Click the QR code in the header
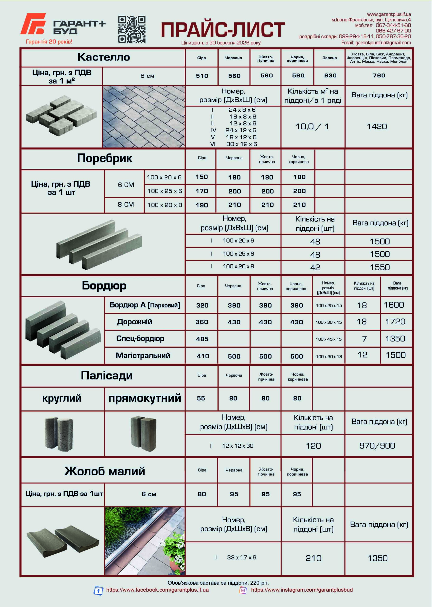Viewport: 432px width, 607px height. [132, 29]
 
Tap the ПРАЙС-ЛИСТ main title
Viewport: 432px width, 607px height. [223, 29]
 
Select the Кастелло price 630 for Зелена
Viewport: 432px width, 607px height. [330, 75]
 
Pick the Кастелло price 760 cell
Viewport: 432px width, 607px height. [379, 75]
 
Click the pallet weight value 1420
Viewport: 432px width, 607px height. [377, 126]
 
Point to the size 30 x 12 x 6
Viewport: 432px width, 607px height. [242, 144]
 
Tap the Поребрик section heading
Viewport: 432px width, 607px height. [104, 158]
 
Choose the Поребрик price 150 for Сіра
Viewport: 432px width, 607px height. [202, 177]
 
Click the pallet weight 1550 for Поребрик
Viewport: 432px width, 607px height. [380, 267]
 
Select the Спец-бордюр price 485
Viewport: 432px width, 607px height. [202, 339]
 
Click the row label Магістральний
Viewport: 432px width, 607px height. [143, 355]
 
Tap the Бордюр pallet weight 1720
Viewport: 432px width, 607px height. [395, 322]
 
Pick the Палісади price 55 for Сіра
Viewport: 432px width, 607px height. [201, 398]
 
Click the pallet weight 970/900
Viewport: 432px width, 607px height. [377, 446]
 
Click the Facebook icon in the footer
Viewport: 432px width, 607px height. [98, 591]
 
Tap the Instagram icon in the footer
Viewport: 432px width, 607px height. [243, 590]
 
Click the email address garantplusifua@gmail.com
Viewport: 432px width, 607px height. [383, 42]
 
